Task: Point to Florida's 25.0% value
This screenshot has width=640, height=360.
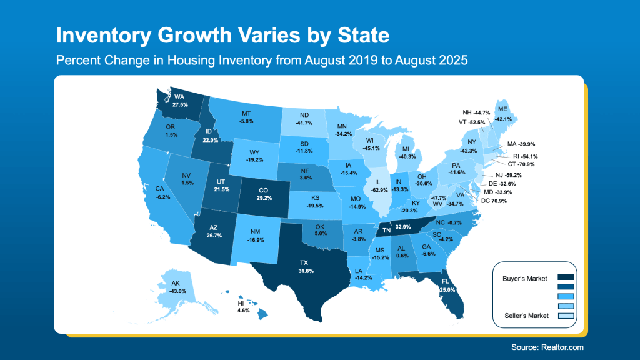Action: [x=447, y=290]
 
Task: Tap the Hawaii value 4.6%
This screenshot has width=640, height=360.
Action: [x=243, y=310]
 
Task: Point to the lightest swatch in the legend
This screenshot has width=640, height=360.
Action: [x=564, y=316]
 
